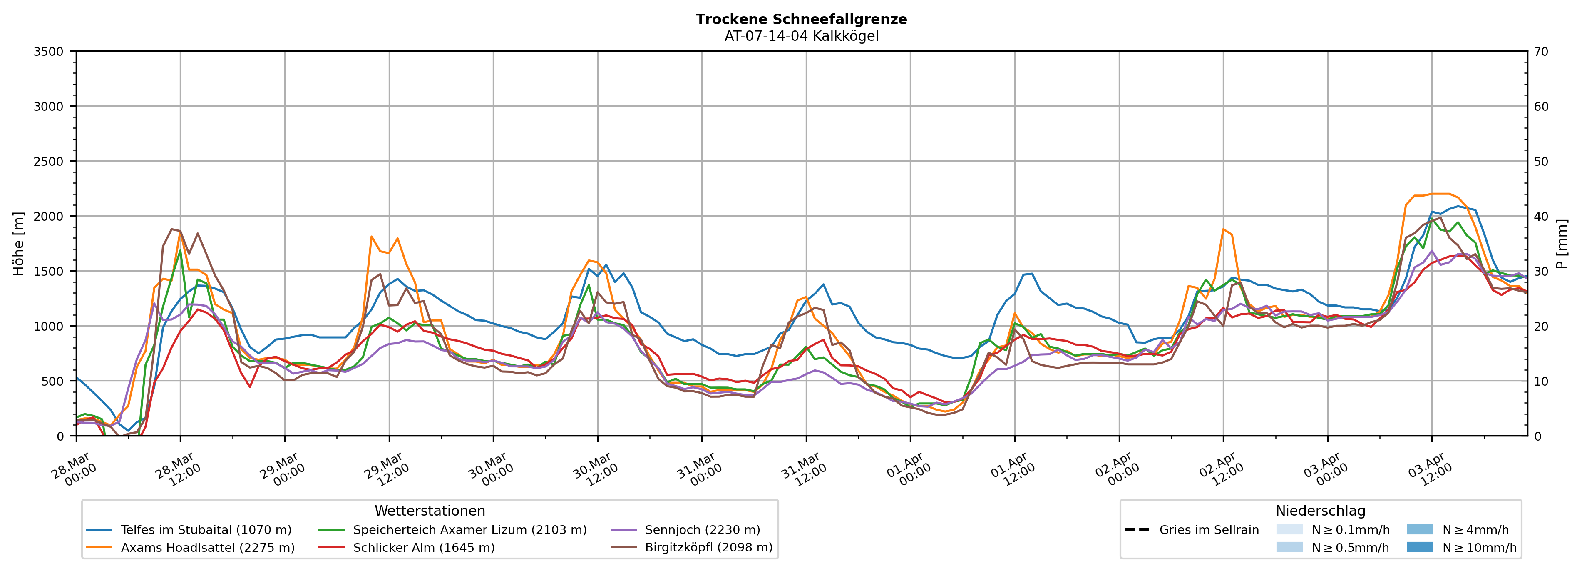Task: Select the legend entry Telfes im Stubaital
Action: coord(206,530)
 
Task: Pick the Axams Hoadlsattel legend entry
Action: coord(208,548)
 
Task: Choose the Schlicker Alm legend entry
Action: coord(424,548)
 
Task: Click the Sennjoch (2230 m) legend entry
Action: coord(703,530)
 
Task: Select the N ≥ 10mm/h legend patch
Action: coord(1419,547)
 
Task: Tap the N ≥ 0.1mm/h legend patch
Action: coord(1289,529)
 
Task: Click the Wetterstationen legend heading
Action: coord(430,511)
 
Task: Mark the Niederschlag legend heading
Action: coord(1320,511)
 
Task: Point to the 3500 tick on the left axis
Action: coord(49,52)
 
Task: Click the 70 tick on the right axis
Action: coord(1541,52)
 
